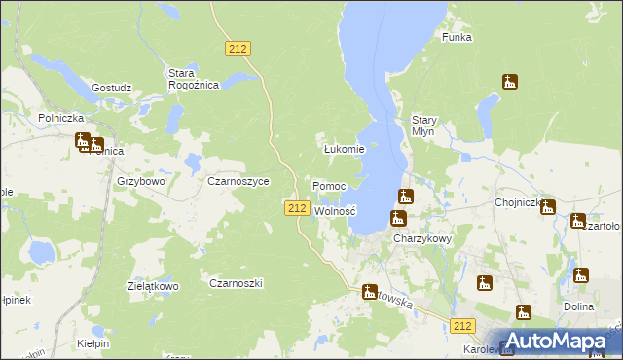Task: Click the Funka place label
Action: coord(457,37)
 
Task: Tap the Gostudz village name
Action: coord(111,88)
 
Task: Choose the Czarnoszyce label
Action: coord(238,181)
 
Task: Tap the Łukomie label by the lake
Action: coord(344,149)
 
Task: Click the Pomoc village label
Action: coord(329,185)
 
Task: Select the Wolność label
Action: coord(336,210)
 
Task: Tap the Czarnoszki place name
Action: coord(237,282)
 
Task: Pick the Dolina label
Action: coord(578,306)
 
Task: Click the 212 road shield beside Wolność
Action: coord(298,208)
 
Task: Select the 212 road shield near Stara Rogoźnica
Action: coord(238,48)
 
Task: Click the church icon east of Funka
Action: coord(510,82)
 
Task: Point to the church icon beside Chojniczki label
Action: coord(548,207)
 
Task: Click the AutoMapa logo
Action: coord(556,340)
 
